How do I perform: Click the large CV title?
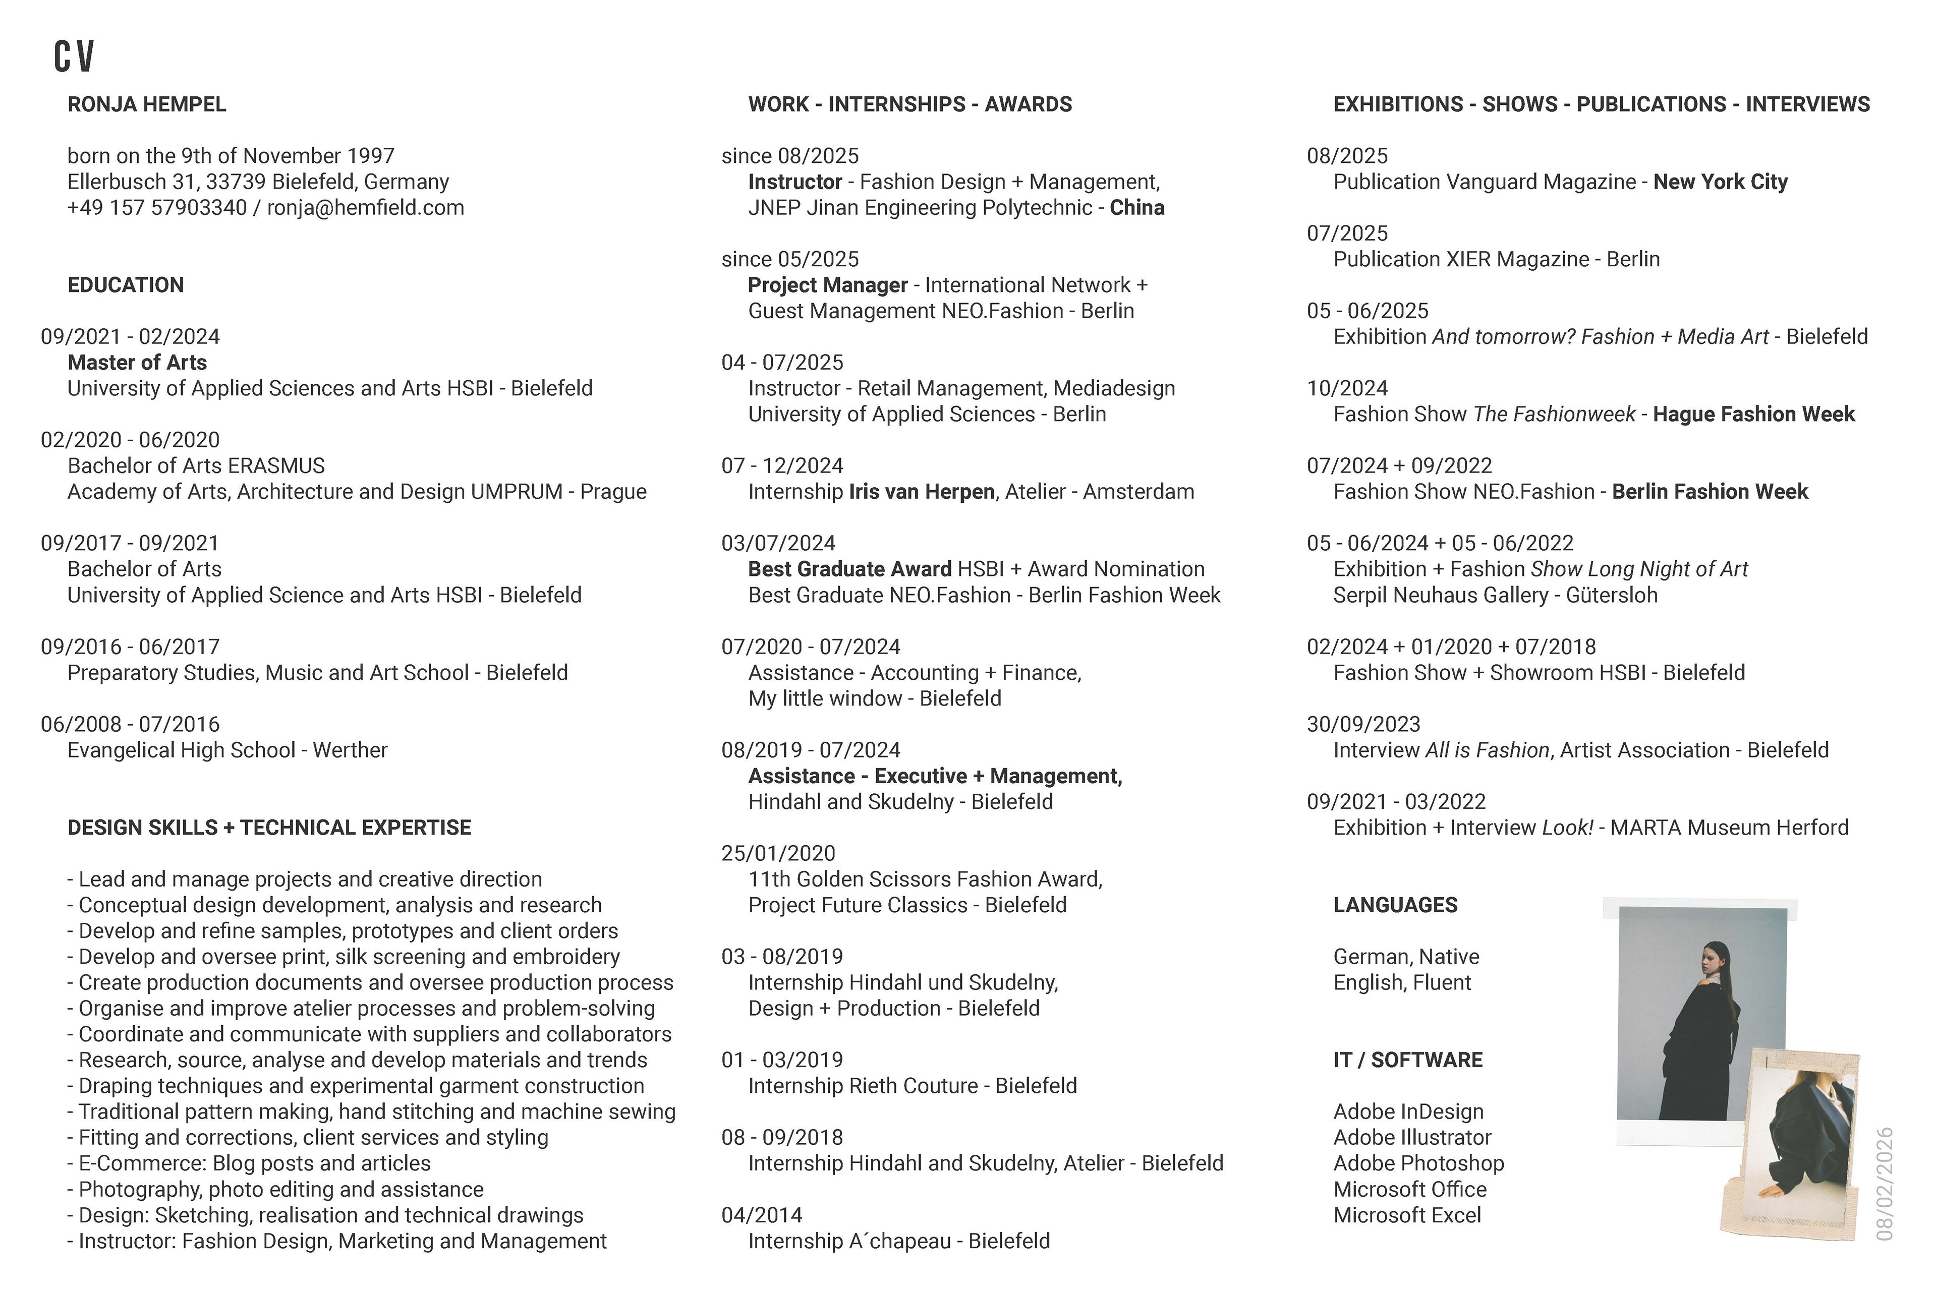point(74,56)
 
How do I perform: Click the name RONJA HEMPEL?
point(147,104)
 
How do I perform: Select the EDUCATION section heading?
point(125,285)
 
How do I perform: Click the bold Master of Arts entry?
point(137,362)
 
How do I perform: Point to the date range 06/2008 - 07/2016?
point(130,725)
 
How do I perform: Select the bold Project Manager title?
point(827,285)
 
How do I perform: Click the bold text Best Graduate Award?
point(849,569)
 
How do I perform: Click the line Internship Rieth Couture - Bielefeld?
point(911,1086)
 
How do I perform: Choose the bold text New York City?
point(1720,182)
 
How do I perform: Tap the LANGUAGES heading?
point(1395,905)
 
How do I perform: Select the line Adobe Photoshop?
point(1418,1163)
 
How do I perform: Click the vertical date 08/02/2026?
point(1885,1184)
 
